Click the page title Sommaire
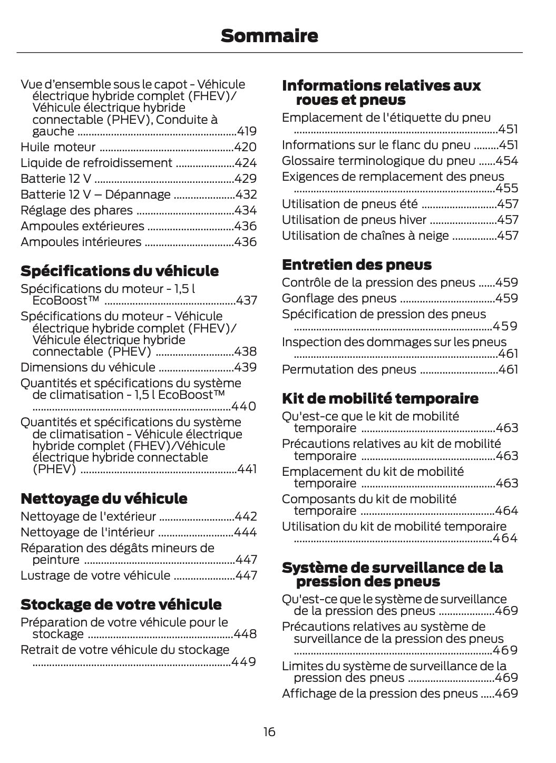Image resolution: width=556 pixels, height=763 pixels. tap(269, 36)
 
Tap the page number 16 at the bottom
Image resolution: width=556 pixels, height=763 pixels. tap(269, 732)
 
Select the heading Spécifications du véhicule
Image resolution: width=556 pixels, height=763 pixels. tap(119, 271)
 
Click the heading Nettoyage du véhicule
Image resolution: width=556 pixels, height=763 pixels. tap(104, 498)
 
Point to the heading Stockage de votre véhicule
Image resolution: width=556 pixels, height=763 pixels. tap(121, 604)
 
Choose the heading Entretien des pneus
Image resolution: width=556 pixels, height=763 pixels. tap(356, 265)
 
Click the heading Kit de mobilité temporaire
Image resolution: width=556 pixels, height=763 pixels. tap(380, 398)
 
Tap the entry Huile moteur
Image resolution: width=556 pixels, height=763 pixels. tap(58, 147)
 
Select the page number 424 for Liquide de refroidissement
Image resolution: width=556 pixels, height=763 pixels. tap(246, 163)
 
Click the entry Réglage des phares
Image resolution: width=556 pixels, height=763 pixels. tap(76, 210)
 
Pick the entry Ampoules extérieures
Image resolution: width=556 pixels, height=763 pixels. tap(82, 226)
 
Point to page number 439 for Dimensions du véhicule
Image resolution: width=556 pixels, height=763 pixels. tap(246, 367)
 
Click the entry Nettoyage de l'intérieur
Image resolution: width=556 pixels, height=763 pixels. tap(87, 532)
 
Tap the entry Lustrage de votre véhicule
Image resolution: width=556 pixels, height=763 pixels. tap(95, 575)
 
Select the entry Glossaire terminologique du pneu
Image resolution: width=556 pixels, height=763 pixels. tap(378, 161)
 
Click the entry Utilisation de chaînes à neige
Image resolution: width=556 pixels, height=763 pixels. tap(365, 236)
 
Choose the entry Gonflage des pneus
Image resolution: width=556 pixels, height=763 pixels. tap(339, 298)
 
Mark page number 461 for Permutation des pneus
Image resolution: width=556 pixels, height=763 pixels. tap(508, 369)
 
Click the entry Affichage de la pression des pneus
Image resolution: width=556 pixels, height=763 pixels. tap(379, 693)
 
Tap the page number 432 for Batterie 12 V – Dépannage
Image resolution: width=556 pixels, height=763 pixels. tap(246, 194)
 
